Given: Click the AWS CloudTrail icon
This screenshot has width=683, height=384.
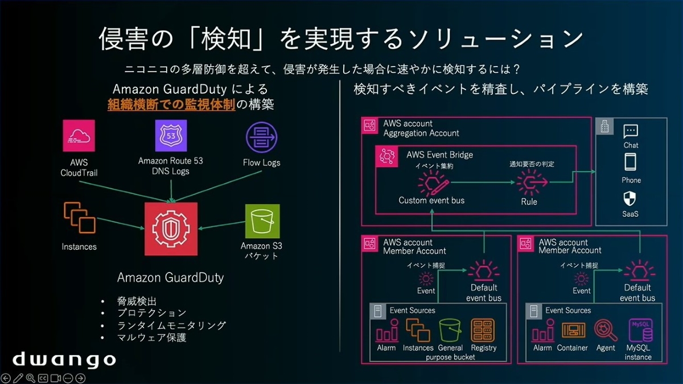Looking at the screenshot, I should tap(79, 136).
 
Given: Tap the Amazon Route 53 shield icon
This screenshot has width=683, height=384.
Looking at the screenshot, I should tap(171, 136).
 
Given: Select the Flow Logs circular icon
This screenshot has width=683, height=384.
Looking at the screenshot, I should tap(261, 138).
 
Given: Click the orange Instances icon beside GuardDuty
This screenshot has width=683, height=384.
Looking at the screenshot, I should tap(79, 220).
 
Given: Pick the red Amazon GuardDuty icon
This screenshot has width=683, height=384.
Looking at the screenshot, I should tap(171, 229).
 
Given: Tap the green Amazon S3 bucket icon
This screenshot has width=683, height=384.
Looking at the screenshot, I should tap(262, 221).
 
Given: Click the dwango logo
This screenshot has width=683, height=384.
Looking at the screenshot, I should tap(64, 359).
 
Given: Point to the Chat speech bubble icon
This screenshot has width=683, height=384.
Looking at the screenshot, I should tap(631, 132).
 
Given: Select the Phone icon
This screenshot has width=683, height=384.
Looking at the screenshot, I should tap(631, 163).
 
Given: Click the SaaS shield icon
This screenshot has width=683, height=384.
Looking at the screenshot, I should tap(631, 199).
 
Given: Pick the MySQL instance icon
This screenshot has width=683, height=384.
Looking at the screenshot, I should tap(638, 331).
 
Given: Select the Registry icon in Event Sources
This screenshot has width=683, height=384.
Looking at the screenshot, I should tap(483, 331).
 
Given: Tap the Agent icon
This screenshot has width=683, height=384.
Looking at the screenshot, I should tap(606, 331).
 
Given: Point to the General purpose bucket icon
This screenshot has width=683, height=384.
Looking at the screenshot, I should tap(450, 331).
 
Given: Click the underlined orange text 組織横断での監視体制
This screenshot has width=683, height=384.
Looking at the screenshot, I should tap(171, 105).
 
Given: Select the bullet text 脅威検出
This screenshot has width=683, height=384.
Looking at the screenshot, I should tap(137, 302).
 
